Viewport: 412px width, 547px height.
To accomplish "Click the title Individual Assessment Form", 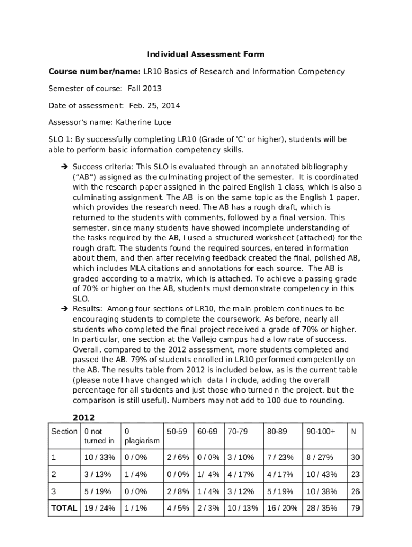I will pyautogui.click(x=206, y=54).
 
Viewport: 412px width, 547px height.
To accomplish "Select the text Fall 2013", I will pyautogui.click(x=144, y=89).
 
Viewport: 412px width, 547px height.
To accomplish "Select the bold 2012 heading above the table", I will pyautogui.click(x=83, y=418).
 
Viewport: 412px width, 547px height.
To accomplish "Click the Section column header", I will pyautogui.click(x=64, y=431).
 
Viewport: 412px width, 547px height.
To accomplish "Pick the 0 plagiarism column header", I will pyautogui.click(x=142, y=436).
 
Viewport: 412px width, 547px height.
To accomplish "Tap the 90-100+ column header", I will pyautogui.click(x=321, y=431).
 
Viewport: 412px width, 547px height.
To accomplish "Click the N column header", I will pyautogui.click(x=354, y=431).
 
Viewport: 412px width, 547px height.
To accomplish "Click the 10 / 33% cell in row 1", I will pyautogui.click(x=100, y=457).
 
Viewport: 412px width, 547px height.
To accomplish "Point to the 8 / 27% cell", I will pyautogui.click(x=320, y=457).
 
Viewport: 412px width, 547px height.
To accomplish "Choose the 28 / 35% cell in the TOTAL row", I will pyautogui.click(x=322, y=508).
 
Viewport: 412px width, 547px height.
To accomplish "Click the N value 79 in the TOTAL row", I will pyautogui.click(x=355, y=508).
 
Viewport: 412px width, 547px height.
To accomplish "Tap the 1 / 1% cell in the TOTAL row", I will pyautogui.click(x=135, y=508).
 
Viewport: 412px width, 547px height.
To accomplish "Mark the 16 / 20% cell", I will pyautogui.click(x=282, y=508).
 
